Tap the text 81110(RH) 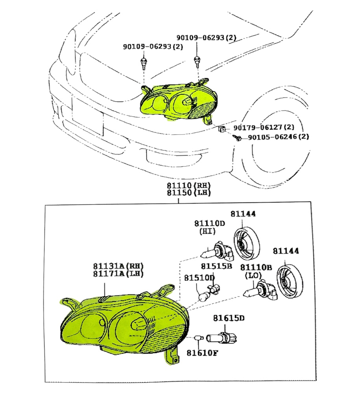point(188,185)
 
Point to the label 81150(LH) point(188,193)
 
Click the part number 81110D point(209,223)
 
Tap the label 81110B point(256,268)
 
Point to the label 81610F point(202,352)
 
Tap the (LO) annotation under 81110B point(253,275)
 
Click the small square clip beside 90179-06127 point(222,129)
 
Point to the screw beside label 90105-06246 point(237,138)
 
